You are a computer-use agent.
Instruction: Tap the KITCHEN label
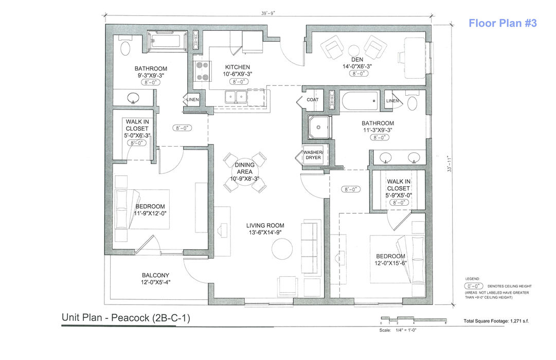pos(238,67)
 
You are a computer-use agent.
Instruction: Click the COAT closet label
pos(312,100)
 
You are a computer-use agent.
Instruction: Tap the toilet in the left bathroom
pos(125,48)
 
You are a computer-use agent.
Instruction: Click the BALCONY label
pos(155,275)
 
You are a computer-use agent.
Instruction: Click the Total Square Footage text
pos(496,321)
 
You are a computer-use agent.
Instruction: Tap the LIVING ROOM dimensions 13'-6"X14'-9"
pos(265,232)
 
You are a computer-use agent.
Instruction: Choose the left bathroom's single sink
pos(133,97)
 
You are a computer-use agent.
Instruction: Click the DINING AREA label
pos(245,168)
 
